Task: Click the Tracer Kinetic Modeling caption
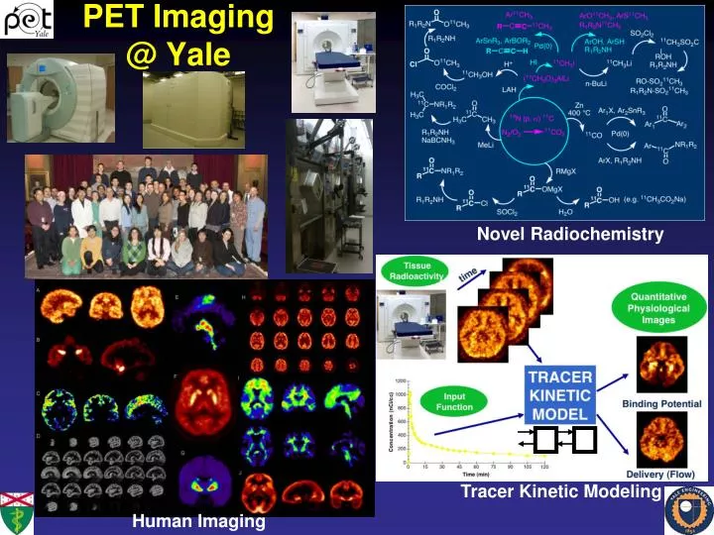(560, 492)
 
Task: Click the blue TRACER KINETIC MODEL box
(560, 393)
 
